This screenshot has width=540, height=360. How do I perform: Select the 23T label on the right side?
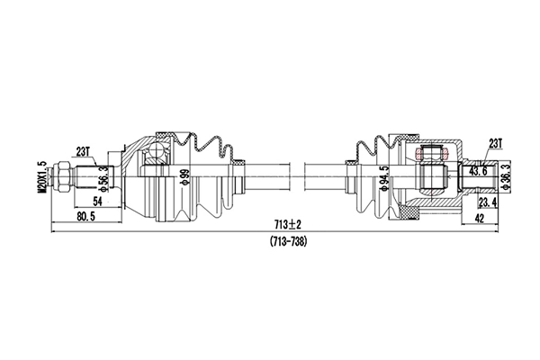tap(494, 141)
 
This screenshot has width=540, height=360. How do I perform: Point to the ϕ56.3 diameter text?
tap(104, 178)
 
